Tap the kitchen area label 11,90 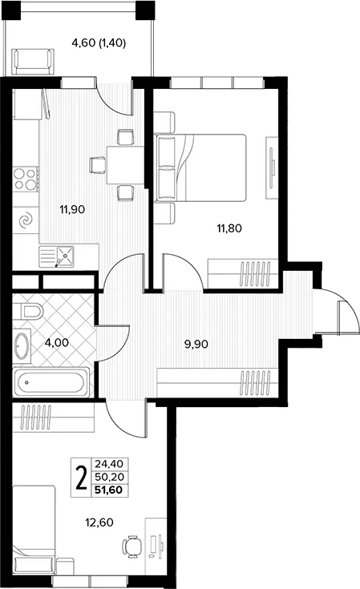[x=72, y=209]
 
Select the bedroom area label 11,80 [x=229, y=228]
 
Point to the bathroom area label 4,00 [x=56, y=343]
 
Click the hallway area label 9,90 [x=196, y=344]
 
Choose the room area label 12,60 [x=99, y=522]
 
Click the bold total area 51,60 [x=109, y=490]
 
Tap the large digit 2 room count [x=81, y=478]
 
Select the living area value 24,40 [x=109, y=464]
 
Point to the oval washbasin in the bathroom [x=22, y=345]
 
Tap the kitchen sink [x=56, y=256]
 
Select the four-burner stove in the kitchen [x=26, y=179]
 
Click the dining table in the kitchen [x=126, y=165]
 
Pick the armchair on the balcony [x=32, y=62]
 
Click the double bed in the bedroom [x=201, y=167]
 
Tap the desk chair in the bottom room [x=132, y=547]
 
